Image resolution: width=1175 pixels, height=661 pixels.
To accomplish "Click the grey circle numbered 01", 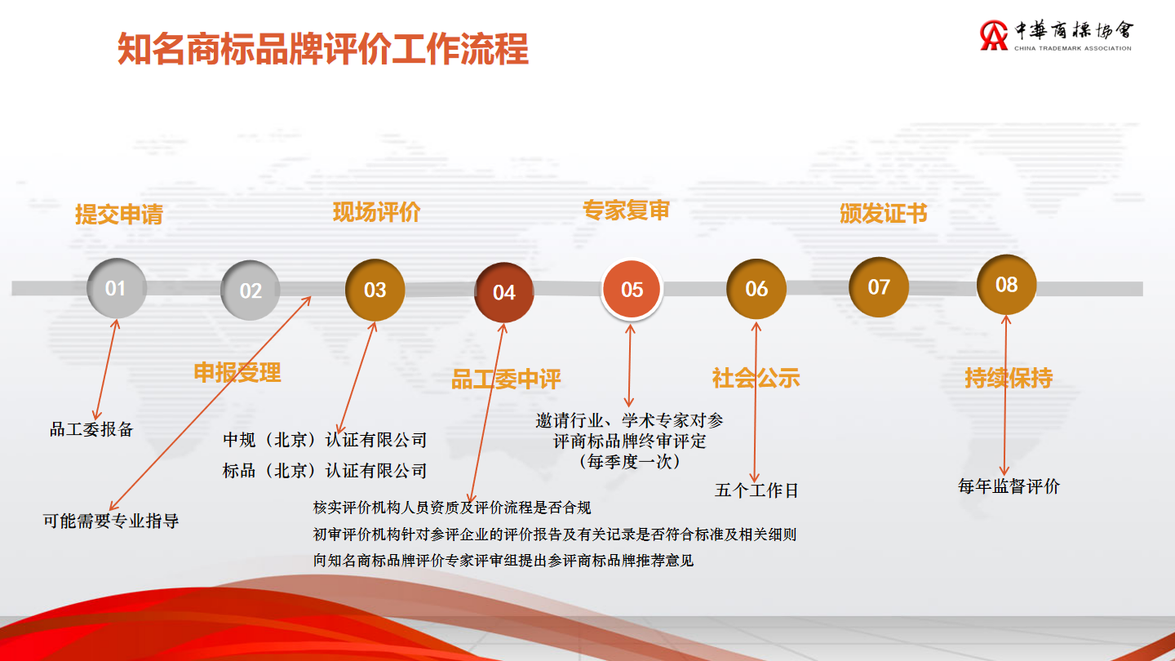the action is (116, 288).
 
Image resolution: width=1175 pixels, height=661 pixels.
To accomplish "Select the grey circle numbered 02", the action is (251, 291).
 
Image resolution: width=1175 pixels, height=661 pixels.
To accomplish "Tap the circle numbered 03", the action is (375, 290).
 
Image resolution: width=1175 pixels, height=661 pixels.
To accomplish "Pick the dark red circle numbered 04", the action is (504, 292).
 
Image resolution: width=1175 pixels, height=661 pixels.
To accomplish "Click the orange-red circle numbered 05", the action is (632, 289).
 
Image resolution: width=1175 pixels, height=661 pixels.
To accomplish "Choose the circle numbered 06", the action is (756, 289).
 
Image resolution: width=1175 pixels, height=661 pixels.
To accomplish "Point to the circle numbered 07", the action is (879, 287).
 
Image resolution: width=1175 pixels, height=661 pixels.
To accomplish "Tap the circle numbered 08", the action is (1007, 284).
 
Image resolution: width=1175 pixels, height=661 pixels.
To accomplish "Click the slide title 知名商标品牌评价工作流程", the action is (323, 49).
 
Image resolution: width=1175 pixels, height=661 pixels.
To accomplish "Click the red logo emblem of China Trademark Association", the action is (994, 35).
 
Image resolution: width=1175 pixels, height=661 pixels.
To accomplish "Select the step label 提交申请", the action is (119, 214).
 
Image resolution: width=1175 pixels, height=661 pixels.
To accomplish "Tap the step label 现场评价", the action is (377, 212).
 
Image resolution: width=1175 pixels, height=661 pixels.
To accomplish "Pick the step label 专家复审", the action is (627, 210).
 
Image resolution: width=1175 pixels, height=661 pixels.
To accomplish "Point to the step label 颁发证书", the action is (884, 214).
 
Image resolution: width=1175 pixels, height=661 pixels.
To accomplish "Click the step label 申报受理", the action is (237, 372).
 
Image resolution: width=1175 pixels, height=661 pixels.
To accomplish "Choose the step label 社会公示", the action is (756, 378).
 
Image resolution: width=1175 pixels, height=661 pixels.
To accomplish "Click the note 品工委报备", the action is (91, 429).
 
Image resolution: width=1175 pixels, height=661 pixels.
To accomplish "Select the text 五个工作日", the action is (756, 490).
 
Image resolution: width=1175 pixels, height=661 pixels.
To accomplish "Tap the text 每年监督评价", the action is (1009, 486).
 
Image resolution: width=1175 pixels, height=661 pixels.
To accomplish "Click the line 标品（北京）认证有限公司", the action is (325, 471).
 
